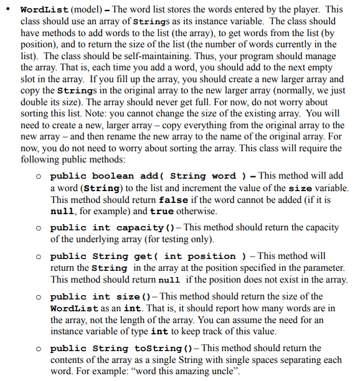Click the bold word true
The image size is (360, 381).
pos(161,210)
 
